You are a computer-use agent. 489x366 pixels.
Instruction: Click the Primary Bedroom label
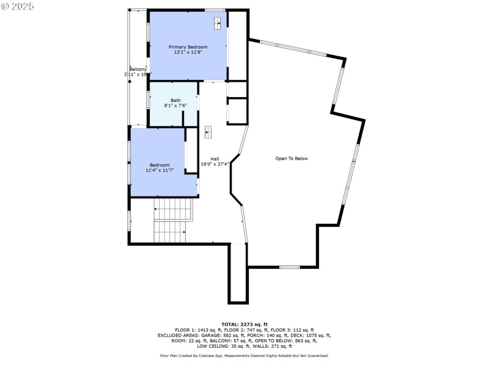click(x=188, y=47)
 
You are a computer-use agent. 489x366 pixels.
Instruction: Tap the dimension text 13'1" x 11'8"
click(x=188, y=52)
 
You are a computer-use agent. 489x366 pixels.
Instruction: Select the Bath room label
click(x=175, y=101)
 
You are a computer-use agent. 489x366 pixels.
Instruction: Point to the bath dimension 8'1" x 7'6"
click(x=175, y=106)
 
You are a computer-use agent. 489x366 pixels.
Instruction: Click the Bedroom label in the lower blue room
click(x=160, y=165)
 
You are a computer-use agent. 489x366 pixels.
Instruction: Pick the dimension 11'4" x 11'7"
click(x=160, y=170)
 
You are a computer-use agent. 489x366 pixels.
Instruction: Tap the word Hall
click(x=215, y=159)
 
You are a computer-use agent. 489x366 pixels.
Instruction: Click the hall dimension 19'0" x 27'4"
click(x=215, y=164)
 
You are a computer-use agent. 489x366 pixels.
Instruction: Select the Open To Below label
click(x=292, y=159)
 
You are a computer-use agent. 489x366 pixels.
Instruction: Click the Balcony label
click(x=138, y=70)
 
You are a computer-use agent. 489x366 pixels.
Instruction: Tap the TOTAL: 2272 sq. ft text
click(x=244, y=324)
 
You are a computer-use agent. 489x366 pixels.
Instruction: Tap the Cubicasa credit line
click(x=244, y=356)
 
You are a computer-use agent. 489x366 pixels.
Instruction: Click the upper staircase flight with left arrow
click(x=172, y=209)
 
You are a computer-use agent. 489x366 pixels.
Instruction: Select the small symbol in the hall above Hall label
click(x=208, y=132)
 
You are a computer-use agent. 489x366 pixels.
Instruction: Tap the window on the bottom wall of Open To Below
click(x=290, y=267)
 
